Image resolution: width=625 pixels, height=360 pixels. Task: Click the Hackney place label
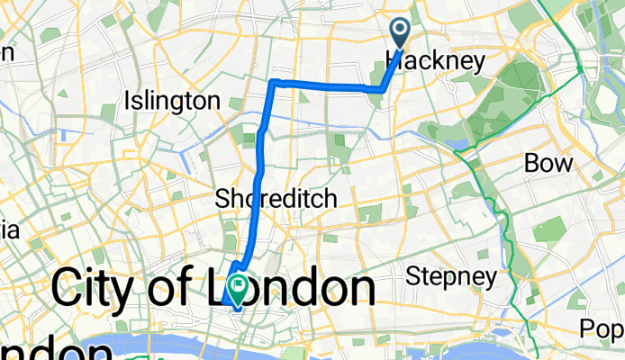click(435, 60)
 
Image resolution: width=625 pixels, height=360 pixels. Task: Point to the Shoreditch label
click(276, 199)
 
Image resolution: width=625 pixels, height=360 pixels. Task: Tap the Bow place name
click(548, 164)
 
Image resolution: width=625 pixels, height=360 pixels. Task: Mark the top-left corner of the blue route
click(273, 82)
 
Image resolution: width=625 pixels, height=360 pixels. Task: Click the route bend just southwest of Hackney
click(383, 89)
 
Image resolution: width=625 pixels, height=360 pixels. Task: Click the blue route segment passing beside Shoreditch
click(258, 199)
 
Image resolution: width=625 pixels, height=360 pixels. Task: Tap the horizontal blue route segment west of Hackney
click(324, 85)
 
